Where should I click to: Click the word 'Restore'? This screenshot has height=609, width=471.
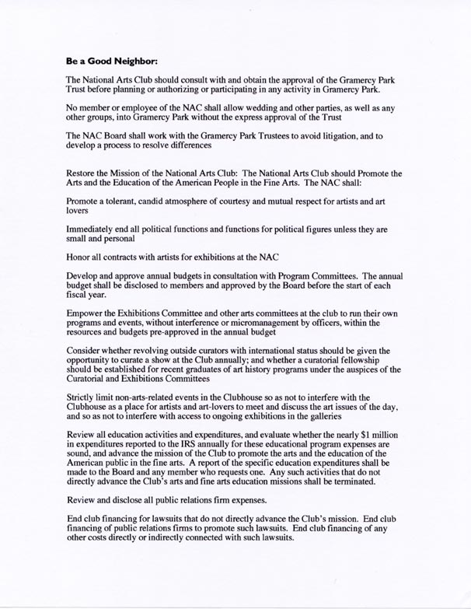point(83,173)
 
